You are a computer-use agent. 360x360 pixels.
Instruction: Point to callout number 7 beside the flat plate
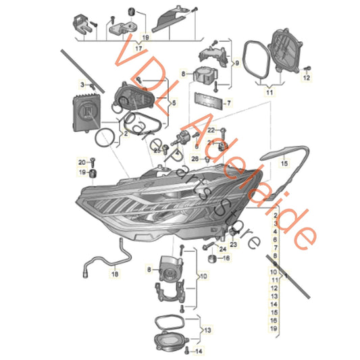(x=228, y=103)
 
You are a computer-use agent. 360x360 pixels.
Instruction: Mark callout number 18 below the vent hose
(x=114, y=276)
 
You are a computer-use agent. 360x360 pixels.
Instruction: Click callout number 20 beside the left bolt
(x=82, y=163)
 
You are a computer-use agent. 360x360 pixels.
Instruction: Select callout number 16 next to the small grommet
(x=226, y=257)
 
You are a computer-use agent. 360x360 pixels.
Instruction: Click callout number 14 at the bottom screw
(x=198, y=352)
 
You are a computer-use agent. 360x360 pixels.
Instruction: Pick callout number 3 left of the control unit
(x=82, y=85)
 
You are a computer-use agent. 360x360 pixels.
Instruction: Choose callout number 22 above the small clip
(x=211, y=130)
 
